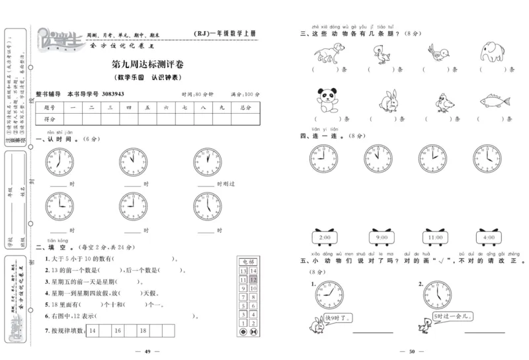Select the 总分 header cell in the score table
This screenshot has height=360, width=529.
[245, 107]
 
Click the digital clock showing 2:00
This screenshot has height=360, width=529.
[325, 237]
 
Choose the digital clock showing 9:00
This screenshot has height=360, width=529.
[382, 237]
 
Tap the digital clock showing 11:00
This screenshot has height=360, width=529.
[435, 237]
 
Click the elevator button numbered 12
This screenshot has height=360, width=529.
[253, 280]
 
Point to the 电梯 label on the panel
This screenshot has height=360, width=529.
[249, 262]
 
